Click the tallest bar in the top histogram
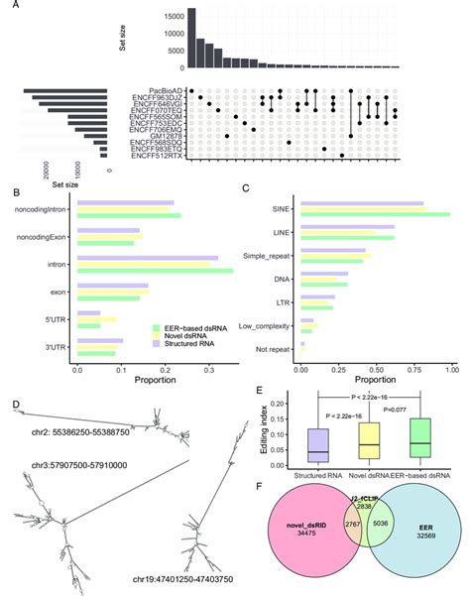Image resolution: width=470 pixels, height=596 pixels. [x=192, y=39]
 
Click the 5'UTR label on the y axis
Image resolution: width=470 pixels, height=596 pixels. [x=58, y=319]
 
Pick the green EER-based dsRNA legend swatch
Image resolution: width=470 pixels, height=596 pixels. [x=156, y=327]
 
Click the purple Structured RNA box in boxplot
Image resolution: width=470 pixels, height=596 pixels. [x=317, y=444]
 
